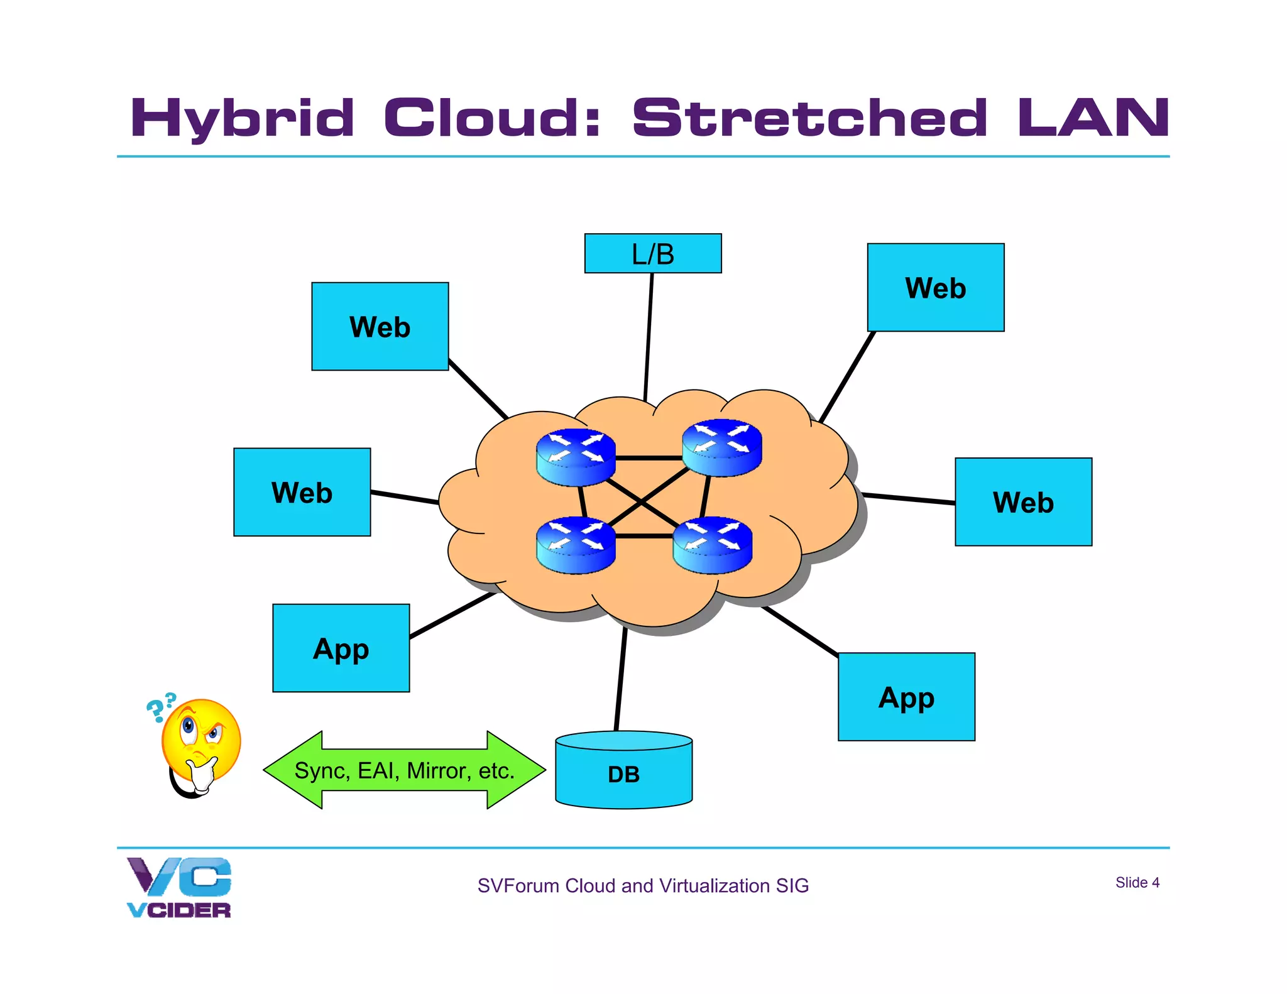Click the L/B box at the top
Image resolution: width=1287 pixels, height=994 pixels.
click(x=652, y=253)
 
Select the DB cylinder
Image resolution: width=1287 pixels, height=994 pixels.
click(x=623, y=771)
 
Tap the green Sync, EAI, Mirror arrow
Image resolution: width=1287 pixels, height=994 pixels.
click(x=404, y=770)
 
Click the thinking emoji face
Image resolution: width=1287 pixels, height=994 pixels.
click(x=201, y=741)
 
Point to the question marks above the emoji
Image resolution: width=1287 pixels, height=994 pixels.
click(x=161, y=707)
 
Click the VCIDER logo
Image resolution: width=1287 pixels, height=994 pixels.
click(x=179, y=887)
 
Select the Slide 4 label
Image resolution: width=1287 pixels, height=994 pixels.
click(x=1137, y=882)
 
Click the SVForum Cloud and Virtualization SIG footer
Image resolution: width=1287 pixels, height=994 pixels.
click(x=642, y=885)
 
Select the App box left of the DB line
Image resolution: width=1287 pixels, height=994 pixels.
click(x=341, y=648)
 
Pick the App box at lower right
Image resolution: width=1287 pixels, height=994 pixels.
click(x=906, y=697)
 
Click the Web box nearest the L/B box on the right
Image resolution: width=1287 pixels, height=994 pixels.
click(x=935, y=287)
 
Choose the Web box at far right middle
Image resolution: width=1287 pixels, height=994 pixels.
click(x=1023, y=501)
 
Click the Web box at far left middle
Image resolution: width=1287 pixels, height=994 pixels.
click(x=302, y=492)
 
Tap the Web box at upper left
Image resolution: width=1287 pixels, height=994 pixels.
click(x=380, y=326)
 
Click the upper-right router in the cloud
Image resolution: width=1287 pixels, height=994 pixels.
click(x=721, y=447)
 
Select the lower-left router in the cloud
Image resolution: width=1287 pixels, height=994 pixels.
click(x=576, y=545)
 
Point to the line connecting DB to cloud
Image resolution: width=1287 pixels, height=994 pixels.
click(x=620, y=679)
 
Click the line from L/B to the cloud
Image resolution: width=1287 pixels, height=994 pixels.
click(x=649, y=336)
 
